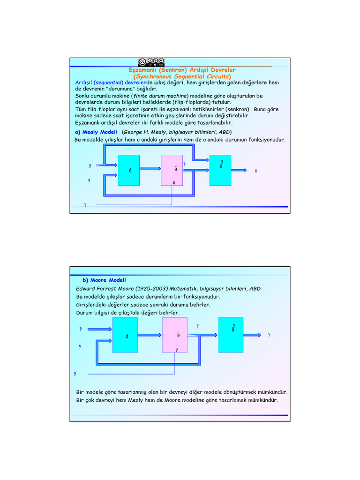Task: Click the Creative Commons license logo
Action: coord(151,62)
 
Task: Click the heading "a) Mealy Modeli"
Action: coord(96,132)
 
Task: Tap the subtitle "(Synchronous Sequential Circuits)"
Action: coord(182,76)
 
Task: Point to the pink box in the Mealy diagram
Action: coord(172,169)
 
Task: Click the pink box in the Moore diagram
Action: coord(175,335)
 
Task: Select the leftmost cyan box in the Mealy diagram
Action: coord(128,169)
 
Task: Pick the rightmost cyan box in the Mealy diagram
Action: coord(220,169)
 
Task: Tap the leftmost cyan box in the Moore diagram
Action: coord(125,335)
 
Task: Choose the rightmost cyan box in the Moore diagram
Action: coord(231,335)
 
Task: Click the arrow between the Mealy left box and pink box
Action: coord(150,169)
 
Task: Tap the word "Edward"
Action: coord(87,288)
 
